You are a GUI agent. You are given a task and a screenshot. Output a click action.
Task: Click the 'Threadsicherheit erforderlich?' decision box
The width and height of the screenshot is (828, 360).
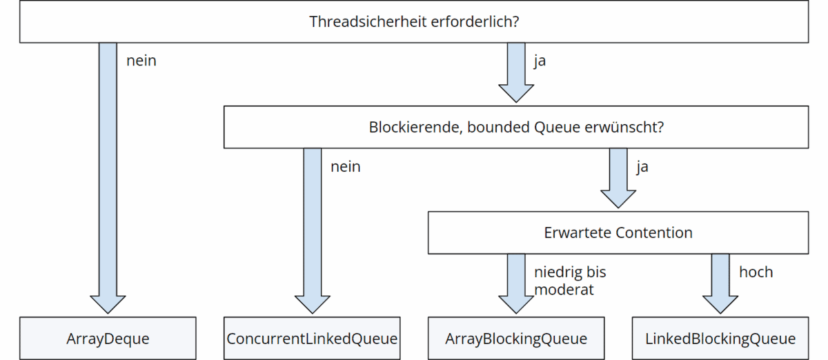414,21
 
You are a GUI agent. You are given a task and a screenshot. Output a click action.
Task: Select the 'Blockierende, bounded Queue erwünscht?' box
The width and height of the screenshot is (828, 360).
515,127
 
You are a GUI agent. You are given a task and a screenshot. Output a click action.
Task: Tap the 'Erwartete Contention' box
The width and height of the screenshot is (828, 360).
618,232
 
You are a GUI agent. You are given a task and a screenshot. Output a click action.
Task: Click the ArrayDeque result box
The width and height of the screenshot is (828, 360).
108,339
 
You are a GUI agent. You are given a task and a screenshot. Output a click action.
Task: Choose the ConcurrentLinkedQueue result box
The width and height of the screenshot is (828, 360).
312,339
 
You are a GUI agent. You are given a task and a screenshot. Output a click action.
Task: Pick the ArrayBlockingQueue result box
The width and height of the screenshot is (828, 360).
516,339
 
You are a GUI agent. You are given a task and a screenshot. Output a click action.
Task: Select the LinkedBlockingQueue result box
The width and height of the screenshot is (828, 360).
720,339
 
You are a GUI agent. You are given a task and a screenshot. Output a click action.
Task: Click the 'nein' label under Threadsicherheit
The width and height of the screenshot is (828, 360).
141,61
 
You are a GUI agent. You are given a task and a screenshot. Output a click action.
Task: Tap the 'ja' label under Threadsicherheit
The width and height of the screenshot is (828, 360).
540,61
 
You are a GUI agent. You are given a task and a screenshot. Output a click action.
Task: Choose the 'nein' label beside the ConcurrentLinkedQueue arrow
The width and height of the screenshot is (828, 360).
345,166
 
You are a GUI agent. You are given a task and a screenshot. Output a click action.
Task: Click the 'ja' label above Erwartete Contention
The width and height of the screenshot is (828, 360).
642,166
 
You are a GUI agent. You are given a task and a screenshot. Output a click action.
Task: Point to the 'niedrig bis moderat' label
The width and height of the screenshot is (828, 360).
569,281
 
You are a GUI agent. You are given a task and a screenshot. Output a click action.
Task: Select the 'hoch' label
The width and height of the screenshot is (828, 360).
756,272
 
